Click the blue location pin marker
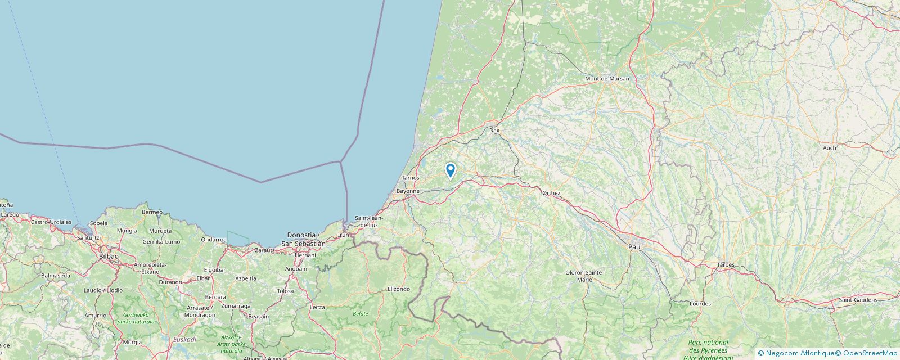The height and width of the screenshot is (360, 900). coord(450,170)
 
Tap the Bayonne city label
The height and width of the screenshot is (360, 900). coord(408,191)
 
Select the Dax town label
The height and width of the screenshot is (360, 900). coord(494,130)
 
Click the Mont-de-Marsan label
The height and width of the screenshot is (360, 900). coord(607,79)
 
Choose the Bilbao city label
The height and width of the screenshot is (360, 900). coord(109,256)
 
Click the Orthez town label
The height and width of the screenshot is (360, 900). coord(551,193)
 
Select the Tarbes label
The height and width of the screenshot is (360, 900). coord(726,264)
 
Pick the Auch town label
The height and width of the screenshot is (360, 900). coord(829,147)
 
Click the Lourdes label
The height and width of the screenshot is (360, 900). coord(700,304)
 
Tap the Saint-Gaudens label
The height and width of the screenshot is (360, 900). coord(858,300)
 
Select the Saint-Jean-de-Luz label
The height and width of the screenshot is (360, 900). coord(369,222)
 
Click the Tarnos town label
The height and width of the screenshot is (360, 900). coord(411,178)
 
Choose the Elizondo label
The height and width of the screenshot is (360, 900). coord(399,289)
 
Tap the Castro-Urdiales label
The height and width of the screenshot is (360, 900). coord(51,222)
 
